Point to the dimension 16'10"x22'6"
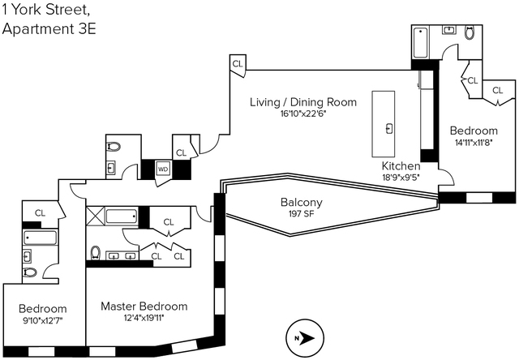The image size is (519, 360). [x=303, y=114]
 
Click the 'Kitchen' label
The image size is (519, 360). [x=401, y=165]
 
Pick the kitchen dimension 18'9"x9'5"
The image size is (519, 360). [x=401, y=177]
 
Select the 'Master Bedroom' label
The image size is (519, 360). [x=144, y=306]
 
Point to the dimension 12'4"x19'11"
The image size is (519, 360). [x=144, y=319]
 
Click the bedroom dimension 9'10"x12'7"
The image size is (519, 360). [x=42, y=321]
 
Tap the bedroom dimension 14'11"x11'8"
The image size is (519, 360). [x=474, y=144]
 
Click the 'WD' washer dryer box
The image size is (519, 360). [x=163, y=169]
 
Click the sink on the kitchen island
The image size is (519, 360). [x=389, y=127]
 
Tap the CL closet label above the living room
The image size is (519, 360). [x=238, y=63]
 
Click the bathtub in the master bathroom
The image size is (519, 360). [x=122, y=216]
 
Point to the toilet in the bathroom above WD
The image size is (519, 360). [x=113, y=148]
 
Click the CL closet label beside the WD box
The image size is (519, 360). [x=182, y=152]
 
